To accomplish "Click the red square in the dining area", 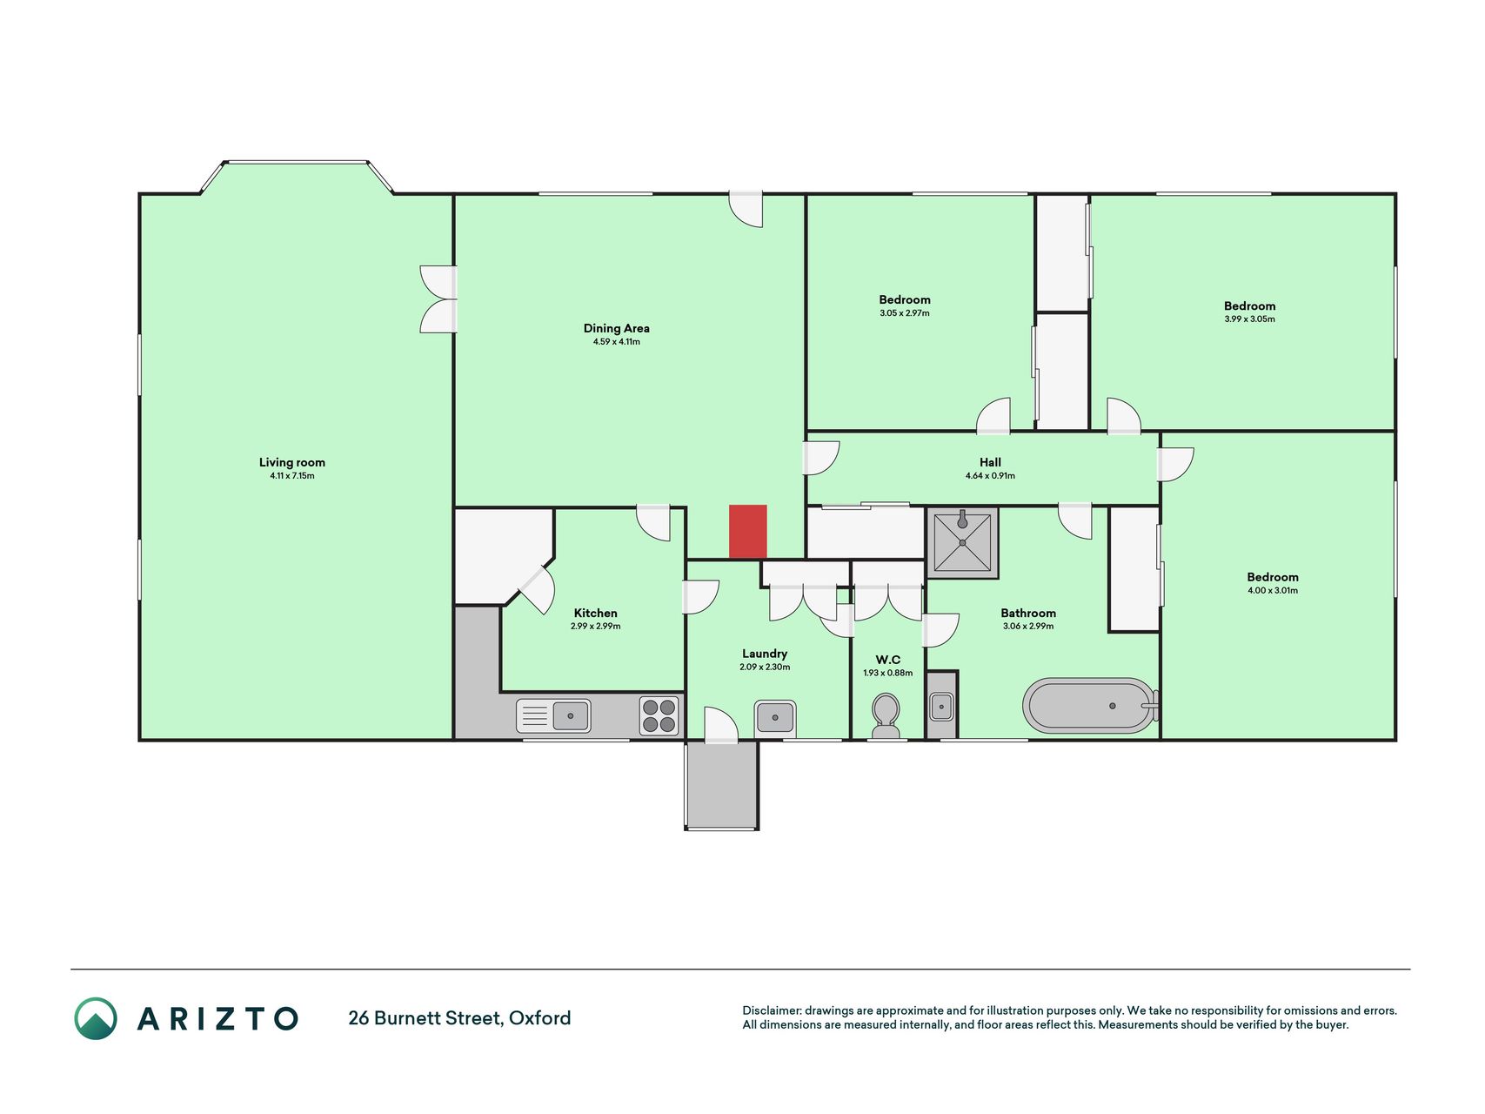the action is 747,531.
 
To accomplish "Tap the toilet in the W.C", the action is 886,716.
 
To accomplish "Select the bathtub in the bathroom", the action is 1091,705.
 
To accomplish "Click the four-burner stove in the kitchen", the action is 659,715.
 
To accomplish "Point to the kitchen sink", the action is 553,716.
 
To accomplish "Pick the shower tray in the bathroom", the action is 962,543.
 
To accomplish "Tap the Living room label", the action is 292,462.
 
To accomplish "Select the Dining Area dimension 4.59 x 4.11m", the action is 616,342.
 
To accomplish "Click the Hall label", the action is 990,462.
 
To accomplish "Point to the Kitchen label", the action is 596,613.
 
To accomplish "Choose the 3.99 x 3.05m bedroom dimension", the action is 1249,319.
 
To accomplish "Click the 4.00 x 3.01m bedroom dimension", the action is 1272,591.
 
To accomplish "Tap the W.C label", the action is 888,660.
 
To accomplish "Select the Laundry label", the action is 765,654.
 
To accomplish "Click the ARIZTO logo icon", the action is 95,1018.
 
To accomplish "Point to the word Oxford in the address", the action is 540,1018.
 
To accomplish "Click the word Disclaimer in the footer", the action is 771,1010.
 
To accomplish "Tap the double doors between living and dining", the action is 438,299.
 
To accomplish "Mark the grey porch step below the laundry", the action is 721,785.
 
